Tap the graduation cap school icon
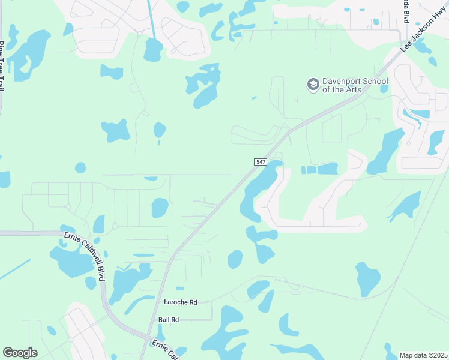pos(312,85)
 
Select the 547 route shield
pos(260,162)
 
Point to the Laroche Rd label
pos(180,302)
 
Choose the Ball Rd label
pos(169,320)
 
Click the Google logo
pos(20,352)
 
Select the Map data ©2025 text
pos(423,355)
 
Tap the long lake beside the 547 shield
pos(258,189)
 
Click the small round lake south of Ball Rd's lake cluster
pos(235,259)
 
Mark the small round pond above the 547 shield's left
pos(159,130)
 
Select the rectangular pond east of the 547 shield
pos(327,169)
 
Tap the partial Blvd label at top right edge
pos(406,12)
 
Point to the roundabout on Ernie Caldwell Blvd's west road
pos(114,227)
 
